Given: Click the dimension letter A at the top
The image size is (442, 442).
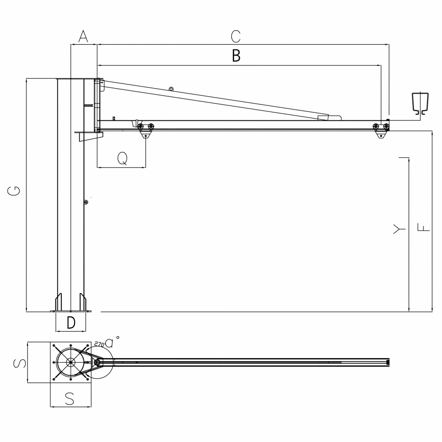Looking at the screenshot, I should [x=83, y=37].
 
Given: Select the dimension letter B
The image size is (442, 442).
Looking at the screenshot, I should [x=236, y=56].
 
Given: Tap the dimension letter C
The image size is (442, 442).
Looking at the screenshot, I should [x=236, y=37].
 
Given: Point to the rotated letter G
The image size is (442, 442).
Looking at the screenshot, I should [x=14, y=191].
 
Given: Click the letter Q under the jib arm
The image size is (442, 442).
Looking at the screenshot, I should [x=122, y=159].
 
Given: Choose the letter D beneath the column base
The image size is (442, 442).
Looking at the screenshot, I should [x=71, y=323].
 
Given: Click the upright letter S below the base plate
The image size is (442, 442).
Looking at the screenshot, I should [x=70, y=399].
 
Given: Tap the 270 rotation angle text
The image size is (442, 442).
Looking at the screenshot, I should [x=99, y=344].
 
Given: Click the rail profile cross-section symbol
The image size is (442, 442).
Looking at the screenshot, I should [x=420, y=103].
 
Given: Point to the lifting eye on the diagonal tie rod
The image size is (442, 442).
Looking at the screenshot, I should [x=171, y=89].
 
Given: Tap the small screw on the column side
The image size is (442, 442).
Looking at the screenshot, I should [x=86, y=202].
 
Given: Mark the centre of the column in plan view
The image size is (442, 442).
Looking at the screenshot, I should [x=70, y=362].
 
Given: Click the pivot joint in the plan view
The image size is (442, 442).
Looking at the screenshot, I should [x=97, y=362].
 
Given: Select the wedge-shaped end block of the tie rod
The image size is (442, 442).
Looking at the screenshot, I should [x=329, y=117].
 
